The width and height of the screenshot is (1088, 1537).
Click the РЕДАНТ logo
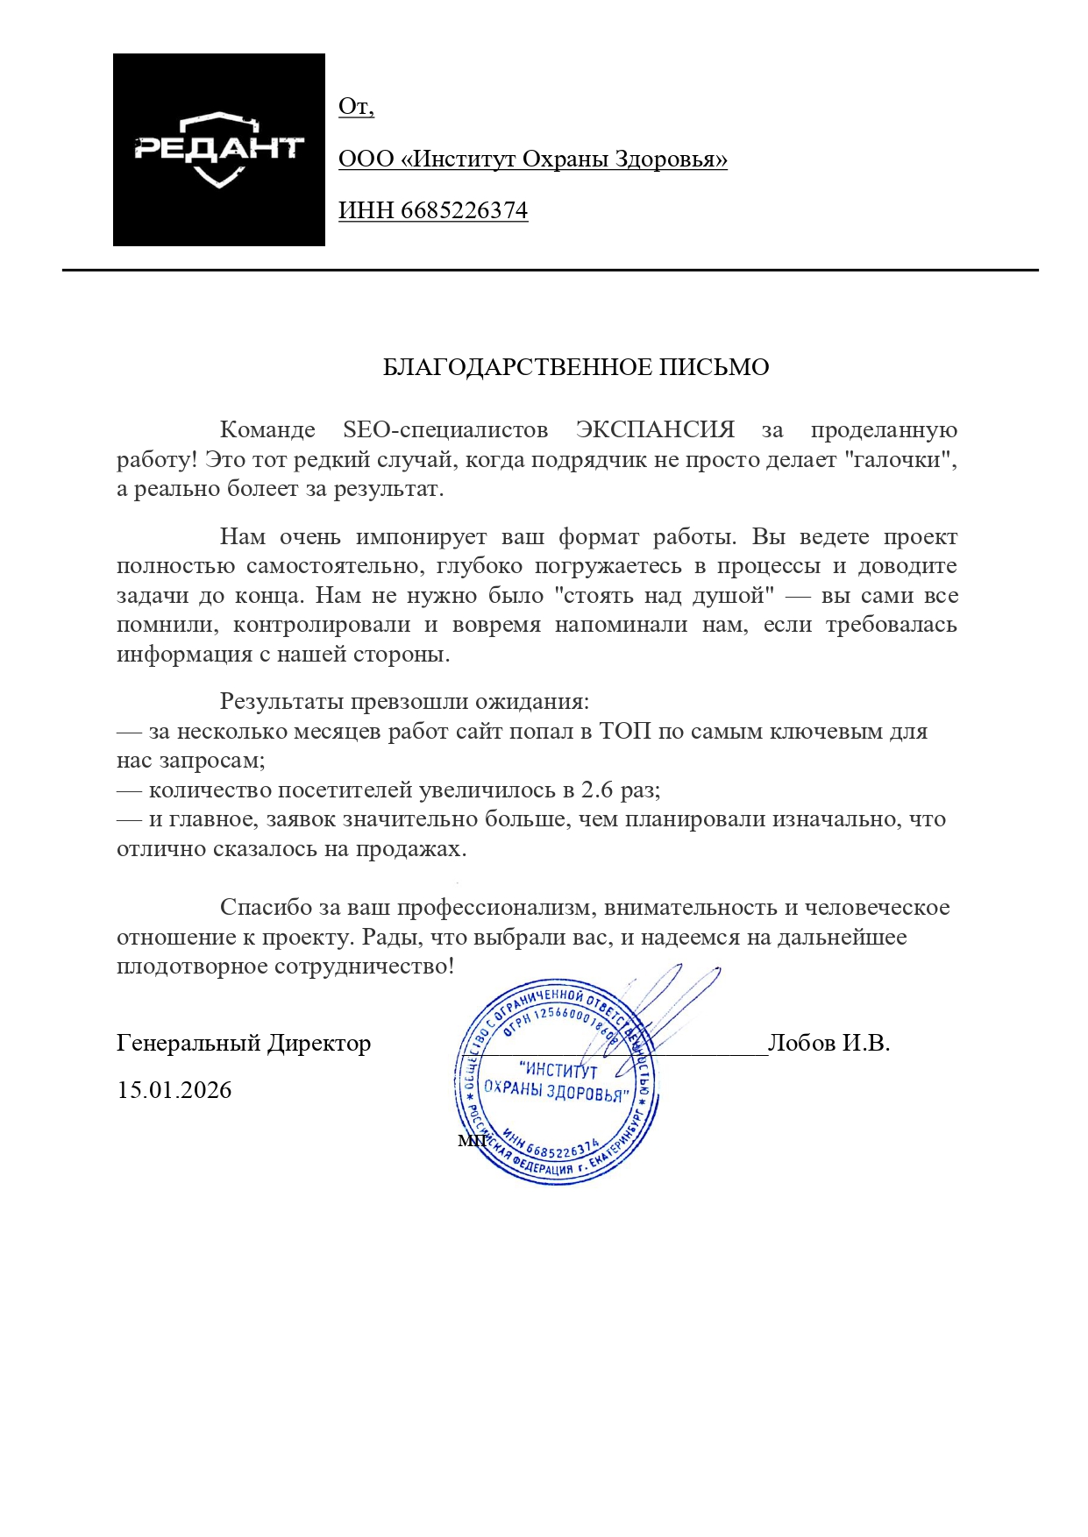(218, 150)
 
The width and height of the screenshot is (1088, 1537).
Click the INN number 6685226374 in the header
(464, 211)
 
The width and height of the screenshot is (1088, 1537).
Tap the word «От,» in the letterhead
(356, 107)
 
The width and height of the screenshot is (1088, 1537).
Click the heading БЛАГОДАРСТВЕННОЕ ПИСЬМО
(576, 367)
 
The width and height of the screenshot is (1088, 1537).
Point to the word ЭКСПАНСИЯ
(655, 430)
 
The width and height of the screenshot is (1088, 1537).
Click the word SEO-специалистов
(445, 430)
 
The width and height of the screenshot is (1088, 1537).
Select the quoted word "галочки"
(903, 460)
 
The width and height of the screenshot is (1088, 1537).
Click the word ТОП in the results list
(625, 731)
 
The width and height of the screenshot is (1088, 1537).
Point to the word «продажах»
(410, 849)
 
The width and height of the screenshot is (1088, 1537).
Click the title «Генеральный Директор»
(244, 1044)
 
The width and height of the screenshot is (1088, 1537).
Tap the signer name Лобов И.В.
(828, 1043)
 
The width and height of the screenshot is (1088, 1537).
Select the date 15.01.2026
(174, 1090)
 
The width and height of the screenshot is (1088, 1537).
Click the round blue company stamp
(556, 1083)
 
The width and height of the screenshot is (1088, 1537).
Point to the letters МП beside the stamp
(473, 1140)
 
